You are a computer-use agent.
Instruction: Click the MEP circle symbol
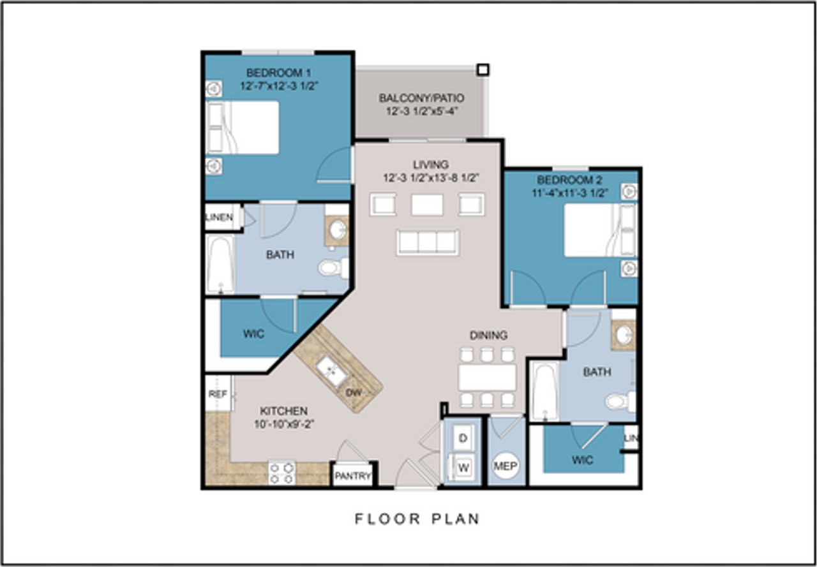coord(505,466)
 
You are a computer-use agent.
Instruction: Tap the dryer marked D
coord(463,438)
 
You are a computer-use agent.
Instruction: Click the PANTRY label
coord(353,476)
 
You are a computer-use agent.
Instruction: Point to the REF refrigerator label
coord(218,394)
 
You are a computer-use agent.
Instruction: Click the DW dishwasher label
coord(354,393)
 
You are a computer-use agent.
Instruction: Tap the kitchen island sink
coord(331,371)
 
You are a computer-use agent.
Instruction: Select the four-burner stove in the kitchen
coord(282,473)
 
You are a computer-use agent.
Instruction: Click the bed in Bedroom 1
coord(243,128)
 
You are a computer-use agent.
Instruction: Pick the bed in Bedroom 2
coord(601,230)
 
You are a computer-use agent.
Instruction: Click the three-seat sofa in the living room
coord(428,242)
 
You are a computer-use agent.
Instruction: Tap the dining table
coord(487,378)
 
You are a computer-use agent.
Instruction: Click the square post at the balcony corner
coord(483,70)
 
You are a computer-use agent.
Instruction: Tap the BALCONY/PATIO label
coord(421,98)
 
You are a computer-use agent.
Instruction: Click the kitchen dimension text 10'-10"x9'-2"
coord(284,424)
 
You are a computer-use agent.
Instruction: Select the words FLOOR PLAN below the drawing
coord(417,519)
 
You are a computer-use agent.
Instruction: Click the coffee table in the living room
coord(427,205)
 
